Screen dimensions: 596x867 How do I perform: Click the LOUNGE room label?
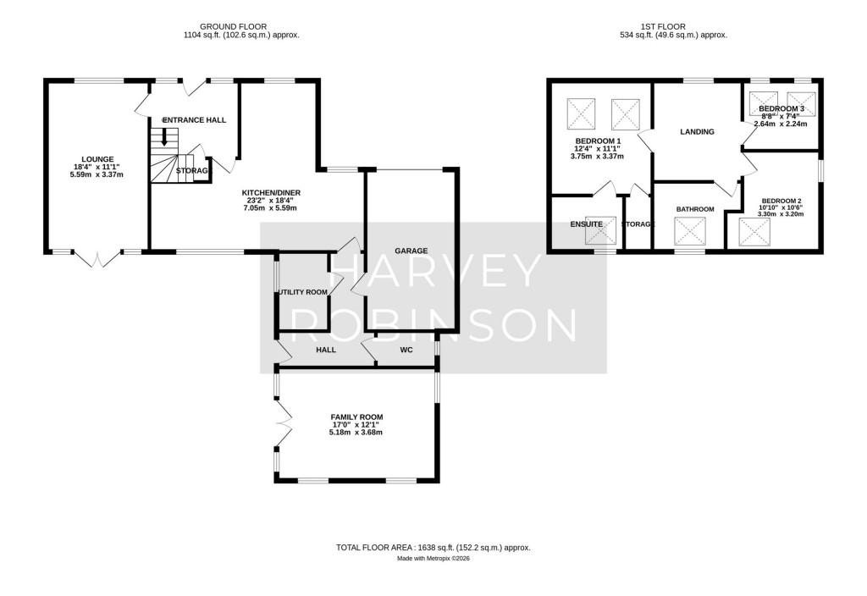(97, 158)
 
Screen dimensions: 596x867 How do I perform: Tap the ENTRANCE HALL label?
(194, 120)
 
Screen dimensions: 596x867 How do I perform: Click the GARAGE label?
(411, 251)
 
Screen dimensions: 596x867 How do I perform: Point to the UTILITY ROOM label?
(302, 292)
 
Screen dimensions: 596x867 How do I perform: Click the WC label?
(406, 349)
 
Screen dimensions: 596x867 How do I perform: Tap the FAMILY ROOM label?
(356, 417)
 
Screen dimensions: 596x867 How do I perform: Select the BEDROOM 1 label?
(598, 141)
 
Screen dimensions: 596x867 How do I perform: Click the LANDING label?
(697, 131)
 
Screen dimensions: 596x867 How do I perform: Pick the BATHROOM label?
(694, 209)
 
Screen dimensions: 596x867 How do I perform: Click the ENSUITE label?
(586, 223)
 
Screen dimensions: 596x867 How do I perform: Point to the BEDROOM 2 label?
(780, 201)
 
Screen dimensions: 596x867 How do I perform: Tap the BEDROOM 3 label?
(781, 109)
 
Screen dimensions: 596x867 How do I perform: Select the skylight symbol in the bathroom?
(689, 231)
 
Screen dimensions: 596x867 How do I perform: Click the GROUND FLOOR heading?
(241, 26)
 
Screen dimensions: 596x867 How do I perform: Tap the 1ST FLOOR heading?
(673, 26)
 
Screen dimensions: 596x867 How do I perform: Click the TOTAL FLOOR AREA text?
(433, 548)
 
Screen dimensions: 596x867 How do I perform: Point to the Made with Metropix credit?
(433, 559)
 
